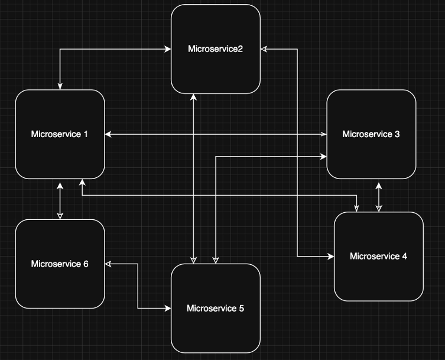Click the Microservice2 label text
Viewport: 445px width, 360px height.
[215, 48]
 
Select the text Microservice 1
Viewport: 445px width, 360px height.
[59, 134]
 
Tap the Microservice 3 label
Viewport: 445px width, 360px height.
[371, 134]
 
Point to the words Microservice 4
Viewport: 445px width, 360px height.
[378, 256]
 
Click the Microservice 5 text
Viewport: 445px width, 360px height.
[215, 308]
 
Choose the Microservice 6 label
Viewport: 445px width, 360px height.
[59, 264]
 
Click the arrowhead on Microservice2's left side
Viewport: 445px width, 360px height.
[168, 49]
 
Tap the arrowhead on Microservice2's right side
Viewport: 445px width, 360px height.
[264, 49]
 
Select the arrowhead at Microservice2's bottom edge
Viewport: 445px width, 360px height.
[194, 98]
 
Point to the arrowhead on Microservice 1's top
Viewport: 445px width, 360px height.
[60, 86]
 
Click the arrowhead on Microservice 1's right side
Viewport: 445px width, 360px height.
[109, 135]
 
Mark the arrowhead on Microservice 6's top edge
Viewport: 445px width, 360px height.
[60, 216]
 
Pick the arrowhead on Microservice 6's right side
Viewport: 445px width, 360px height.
[109, 264]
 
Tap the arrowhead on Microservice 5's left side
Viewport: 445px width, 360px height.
[167, 308]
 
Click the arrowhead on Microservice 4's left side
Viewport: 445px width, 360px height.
[330, 257]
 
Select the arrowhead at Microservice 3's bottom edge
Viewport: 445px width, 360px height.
[378, 183]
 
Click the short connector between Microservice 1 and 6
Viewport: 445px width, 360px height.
[60, 199]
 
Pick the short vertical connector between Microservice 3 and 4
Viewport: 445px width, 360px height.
[378, 196]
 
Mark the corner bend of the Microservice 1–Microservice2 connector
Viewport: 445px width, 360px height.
[60, 49]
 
